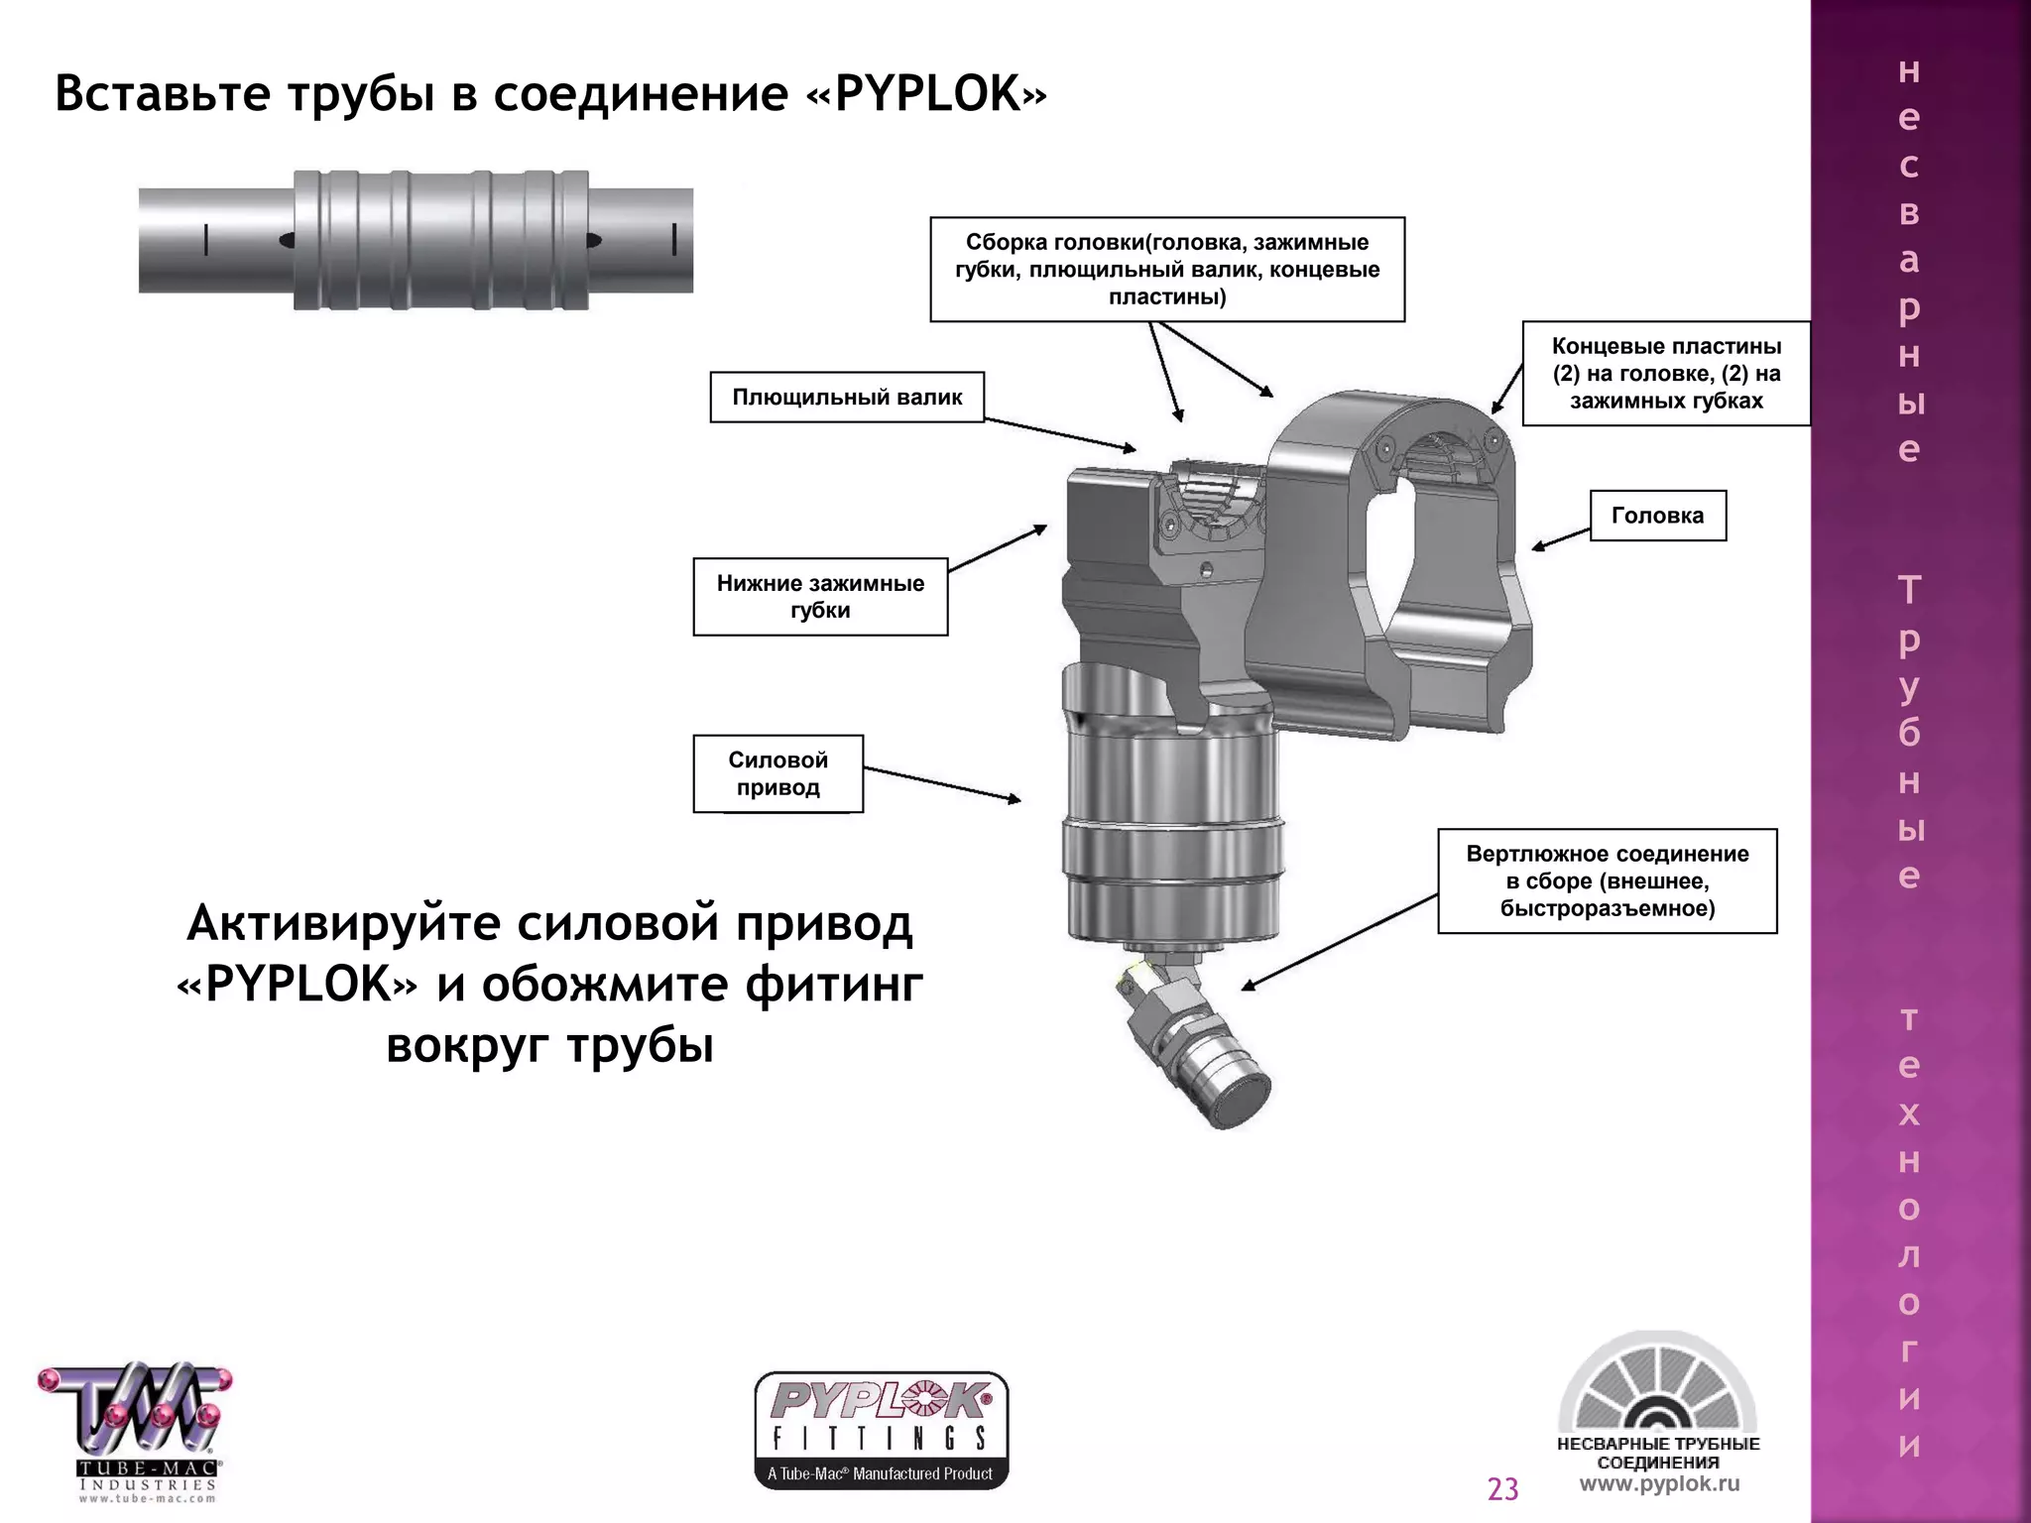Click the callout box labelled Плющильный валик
(x=847, y=398)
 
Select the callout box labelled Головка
(x=1657, y=516)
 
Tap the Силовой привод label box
(x=777, y=773)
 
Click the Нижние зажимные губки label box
(x=820, y=596)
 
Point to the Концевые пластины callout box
(x=1665, y=374)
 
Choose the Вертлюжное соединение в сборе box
(x=1607, y=881)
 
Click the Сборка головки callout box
(x=1166, y=270)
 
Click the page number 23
(x=1502, y=1489)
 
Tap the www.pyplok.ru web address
(x=1659, y=1484)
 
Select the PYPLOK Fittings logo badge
(x=881, y=1430)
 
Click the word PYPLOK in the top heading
(x=927, y=95)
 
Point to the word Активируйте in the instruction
(x=344, y=924)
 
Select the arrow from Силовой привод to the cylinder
(x=942, y=784)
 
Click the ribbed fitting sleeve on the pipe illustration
(x=441, y=240)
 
